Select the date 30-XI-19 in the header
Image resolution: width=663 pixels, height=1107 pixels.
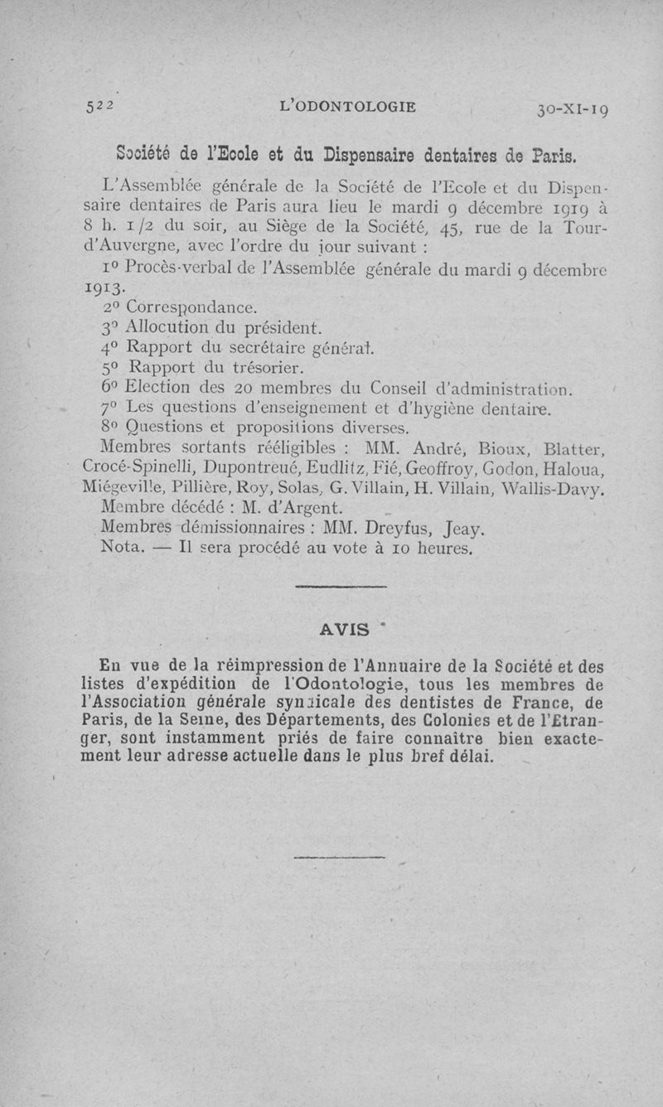[573, 109]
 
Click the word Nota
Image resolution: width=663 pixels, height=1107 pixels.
[121, 548]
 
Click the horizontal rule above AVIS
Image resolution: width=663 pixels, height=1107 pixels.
[341, 587]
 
